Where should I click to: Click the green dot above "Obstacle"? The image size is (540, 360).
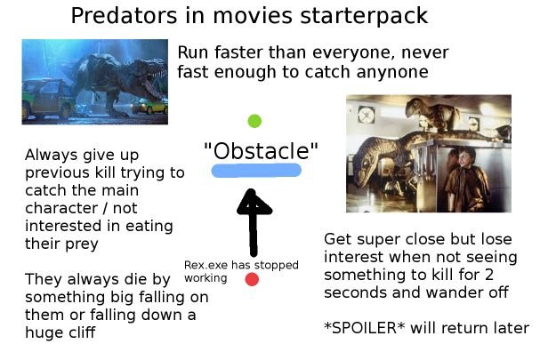[x=254, y=121]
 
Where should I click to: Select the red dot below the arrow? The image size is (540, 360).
[x=252, y=279]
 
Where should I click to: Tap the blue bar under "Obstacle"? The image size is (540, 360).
[x=256, y=171]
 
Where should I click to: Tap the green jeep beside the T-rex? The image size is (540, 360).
[x=44, y=99]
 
